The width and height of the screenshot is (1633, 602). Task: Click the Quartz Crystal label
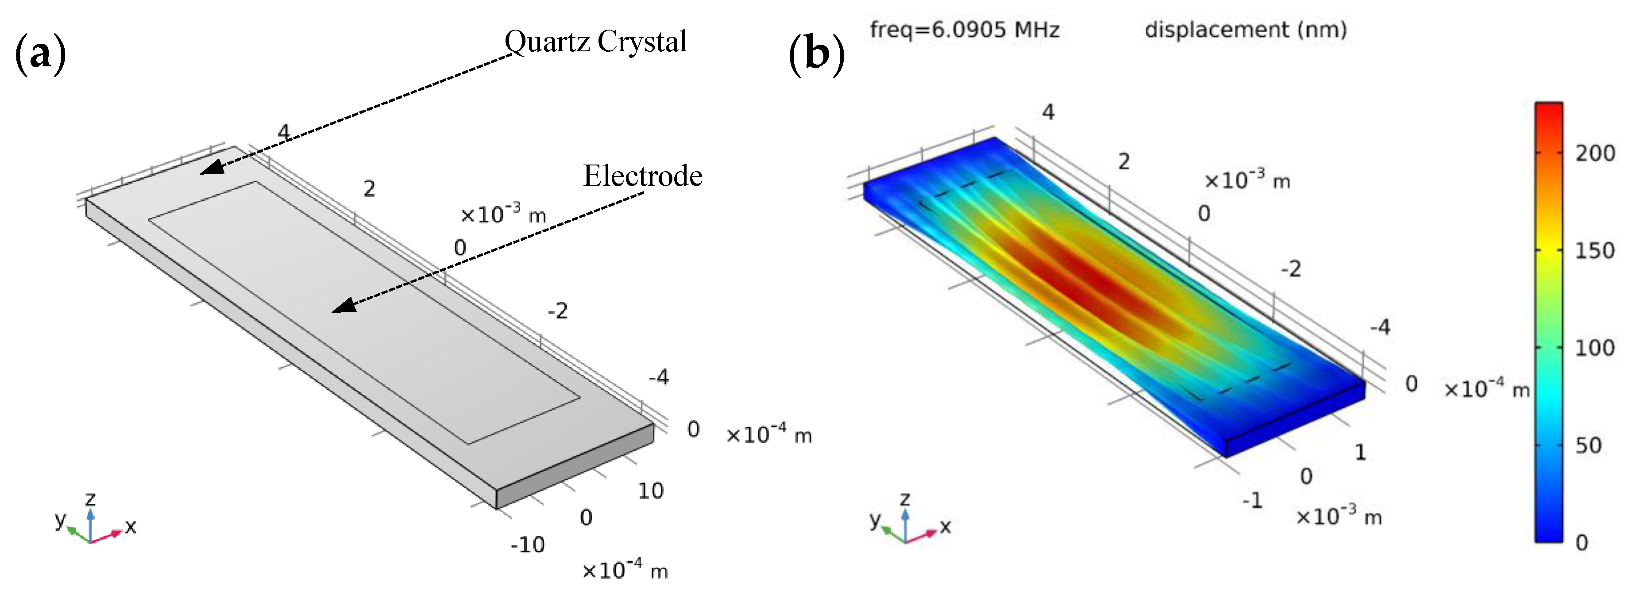coord(595,42)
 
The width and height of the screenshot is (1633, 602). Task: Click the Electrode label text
coord(642,176)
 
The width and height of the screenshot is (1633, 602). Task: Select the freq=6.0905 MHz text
coord(964,30)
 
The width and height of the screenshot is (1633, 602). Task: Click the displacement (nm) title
coord(1245,30)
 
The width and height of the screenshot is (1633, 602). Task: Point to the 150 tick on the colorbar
coord(1594,250)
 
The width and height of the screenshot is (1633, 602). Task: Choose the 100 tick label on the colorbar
coord(1594,348)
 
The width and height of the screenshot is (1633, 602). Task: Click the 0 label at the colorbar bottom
coord(1582,542)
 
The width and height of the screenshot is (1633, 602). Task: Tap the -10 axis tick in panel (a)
coord(527,544)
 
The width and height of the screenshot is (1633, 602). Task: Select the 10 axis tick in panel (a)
coord(650,491)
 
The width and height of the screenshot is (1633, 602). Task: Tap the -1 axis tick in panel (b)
coord(1252,501)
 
